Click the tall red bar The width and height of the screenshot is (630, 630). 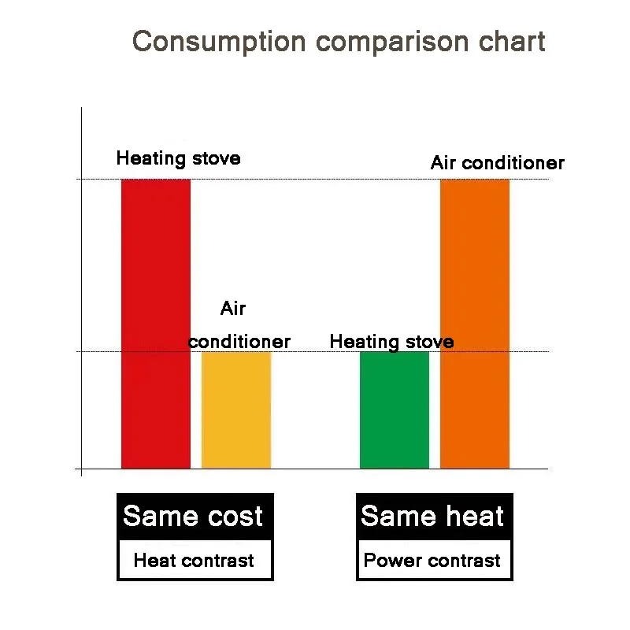[x=155, y=323]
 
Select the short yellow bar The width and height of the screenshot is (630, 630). [x=236, y=409]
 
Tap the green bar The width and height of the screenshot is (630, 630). [x=395, y=409]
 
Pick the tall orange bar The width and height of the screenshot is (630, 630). [x=475, y=323]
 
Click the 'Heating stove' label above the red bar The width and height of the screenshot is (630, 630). [x=178, y=158]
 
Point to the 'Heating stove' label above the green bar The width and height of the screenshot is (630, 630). [x=391, y=342]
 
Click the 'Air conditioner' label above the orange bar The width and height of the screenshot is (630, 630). [x=497, y=163]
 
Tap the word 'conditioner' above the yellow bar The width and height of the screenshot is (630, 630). [x=239, y=342]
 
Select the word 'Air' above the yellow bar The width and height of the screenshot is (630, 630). [x=233, y=309]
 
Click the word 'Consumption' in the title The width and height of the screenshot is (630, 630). [x=218, y=41]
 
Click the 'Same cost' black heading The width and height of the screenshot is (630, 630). [x=194, y=517]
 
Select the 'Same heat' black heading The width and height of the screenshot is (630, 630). [x=432, y=517]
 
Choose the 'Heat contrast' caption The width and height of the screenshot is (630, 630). [x=194, y=561]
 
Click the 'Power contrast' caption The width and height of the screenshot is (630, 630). [x=432, y=561]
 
